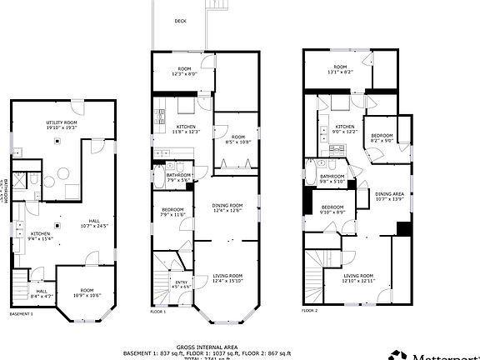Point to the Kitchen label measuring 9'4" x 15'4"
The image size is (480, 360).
click(41, 234)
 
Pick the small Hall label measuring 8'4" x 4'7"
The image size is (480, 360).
click(42, 291)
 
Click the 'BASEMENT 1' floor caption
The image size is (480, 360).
click(21, 314)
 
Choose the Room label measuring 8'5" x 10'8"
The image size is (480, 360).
click(237, 137)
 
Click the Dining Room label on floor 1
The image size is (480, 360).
click(227, 205)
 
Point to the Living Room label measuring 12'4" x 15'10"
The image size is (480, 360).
click(227, 276)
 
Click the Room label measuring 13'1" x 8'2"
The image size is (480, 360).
click(340, 67)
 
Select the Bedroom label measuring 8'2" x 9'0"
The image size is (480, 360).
click(382, 137)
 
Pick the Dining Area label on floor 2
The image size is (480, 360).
click(390, 194)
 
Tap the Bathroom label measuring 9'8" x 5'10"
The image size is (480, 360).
click(332, 177)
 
